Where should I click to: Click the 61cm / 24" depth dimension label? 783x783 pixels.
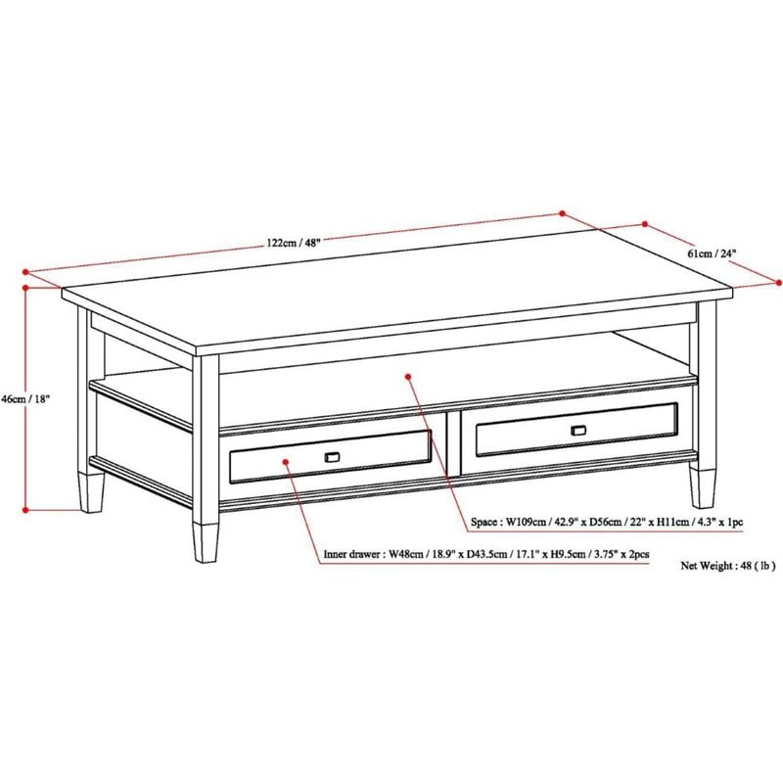pyautogui.click(x=712, y=253)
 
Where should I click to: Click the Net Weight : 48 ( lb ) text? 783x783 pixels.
pyautogui.click(x=727, y=566)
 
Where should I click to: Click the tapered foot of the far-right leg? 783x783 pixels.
pyautogui.click(x=702, y=485)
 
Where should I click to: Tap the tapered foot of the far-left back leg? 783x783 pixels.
pyautogui.click(x=92, y=491)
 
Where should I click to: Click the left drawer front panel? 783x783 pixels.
pyautogui.click(x=330, y=456)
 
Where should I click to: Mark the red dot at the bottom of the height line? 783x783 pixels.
pyautogui.click(x=27, y=509)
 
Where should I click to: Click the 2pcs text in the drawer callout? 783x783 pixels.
pyautogui.click(x=638, y=555)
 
